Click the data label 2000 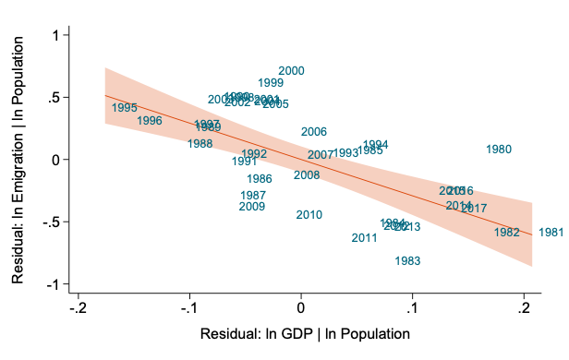pos(291,71)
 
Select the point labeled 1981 pos(551,233)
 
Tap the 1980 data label pos(498,150)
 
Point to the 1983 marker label pos(407,261)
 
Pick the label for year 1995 pos(125,108)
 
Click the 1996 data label pos(150,121)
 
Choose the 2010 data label pos(309,215)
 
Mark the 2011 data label pos(365,238)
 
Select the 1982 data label pos(506,233)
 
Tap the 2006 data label pos(314,133)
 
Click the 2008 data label pos(307,175)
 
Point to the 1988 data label pos(200,144)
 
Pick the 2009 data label pos(252,207)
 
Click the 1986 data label pos(260,179)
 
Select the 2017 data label pos(474,209)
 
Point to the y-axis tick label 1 pos(55,35)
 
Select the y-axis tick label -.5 pos(50,222)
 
